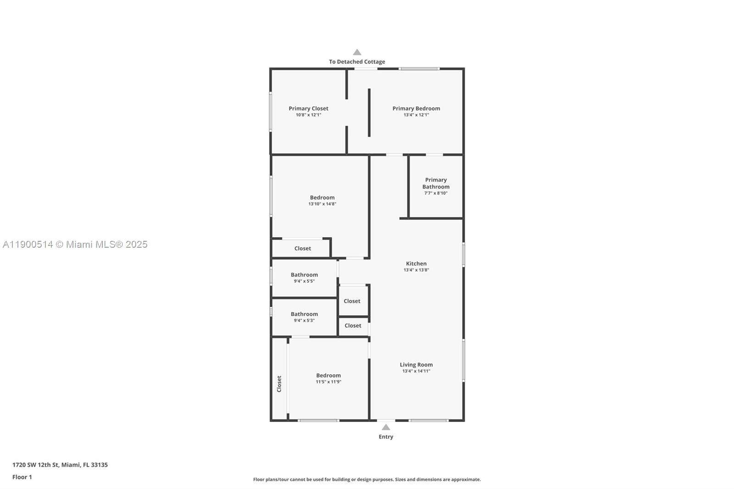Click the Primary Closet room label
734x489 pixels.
(x=308, y=108)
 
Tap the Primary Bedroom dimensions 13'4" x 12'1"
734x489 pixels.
(x=416, y=115)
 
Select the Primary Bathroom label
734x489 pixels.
(x=436, y=183)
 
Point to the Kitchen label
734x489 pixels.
(x=416, y=263)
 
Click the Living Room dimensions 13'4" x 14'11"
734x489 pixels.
(x=416, y=371)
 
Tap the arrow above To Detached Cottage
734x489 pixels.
(x=357, y=52)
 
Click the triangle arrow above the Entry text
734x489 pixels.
(x=386, y=427)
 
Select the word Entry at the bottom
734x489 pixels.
(x=386, y=437)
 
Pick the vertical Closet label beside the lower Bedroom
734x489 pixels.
(x=279, y=384)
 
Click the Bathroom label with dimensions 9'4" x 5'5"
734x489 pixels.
(x=304, y=275)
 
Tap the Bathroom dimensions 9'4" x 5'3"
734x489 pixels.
(x=304, y=321)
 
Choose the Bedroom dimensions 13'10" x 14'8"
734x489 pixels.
(x=322, y=204)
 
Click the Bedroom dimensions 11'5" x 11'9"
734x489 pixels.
(x=328, y=382)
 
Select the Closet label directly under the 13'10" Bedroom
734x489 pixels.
(x=302, y=249)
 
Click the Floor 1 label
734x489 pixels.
(x=22, y=477)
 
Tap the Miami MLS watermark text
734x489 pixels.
(x=75, y=244)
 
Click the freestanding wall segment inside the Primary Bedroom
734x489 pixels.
(x=369, y=112)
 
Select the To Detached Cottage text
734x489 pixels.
(x=357, y=61)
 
